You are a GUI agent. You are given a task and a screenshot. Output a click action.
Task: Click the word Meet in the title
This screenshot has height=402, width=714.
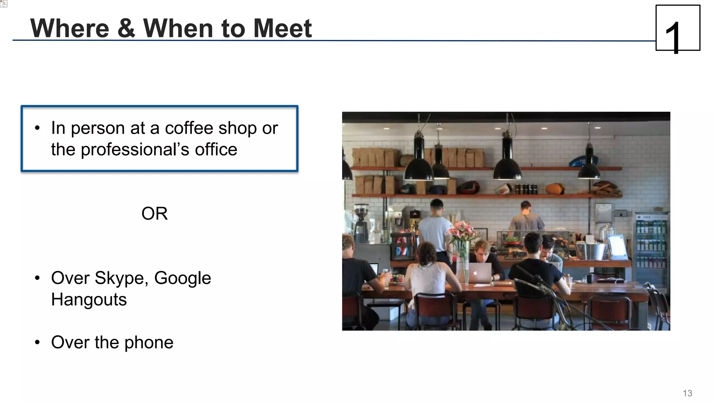[x=282, y=28]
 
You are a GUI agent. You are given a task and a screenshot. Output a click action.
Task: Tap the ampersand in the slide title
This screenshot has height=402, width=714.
[x=126, y=28]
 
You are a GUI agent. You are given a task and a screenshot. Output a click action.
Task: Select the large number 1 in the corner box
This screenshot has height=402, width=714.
[x=673, y=37]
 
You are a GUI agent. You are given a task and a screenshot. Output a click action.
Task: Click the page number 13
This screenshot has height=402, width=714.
[x=687, y=393]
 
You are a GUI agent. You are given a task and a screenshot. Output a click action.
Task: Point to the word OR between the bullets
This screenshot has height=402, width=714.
[x=154, y=213]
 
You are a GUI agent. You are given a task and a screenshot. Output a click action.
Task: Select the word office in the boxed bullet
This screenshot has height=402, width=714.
[x=216, y=150]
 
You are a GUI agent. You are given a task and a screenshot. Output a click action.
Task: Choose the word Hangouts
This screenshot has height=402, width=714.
[x=89, y=300]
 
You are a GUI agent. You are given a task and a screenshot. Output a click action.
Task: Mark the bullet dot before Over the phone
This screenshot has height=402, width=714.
[x=37, y=342]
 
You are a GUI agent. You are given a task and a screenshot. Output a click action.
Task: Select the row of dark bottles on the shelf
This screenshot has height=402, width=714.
[x=526, y=189]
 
